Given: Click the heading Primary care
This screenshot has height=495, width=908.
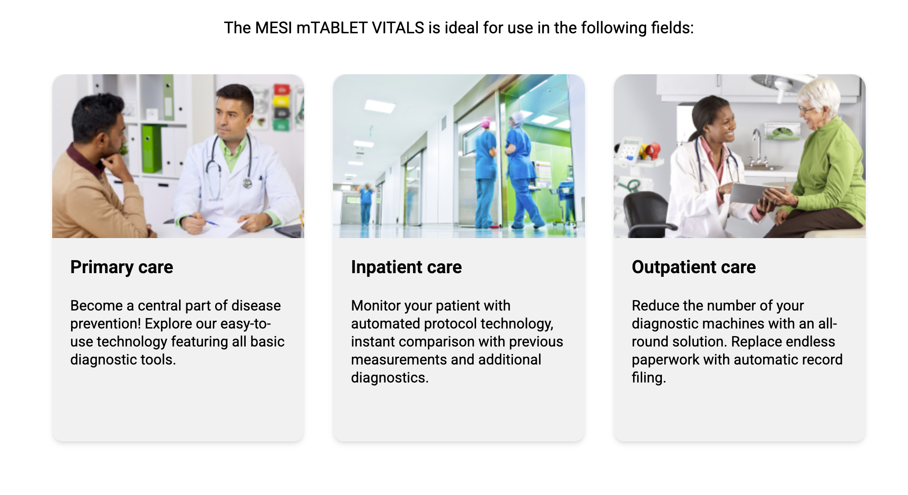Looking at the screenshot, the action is (x=121, y=267).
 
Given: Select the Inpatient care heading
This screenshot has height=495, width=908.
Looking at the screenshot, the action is (x=406, y=267).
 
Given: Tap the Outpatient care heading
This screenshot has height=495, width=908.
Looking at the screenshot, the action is (x=694, y=267).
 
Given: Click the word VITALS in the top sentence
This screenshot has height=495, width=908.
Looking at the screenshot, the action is (x=398, y=28).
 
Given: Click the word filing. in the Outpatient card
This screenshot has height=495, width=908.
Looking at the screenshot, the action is (x=649, y=378).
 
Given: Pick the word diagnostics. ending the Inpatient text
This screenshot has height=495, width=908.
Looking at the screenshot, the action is (x=390, y=378).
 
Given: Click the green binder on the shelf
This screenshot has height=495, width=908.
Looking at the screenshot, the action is (x=152, y=148).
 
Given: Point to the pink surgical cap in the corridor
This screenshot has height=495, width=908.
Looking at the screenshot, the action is (x=486, y=122).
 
